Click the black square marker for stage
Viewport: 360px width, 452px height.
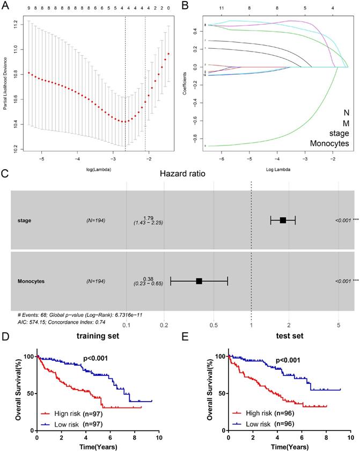click(x=283, y=220)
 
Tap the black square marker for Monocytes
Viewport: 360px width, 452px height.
click(x=199, y=281)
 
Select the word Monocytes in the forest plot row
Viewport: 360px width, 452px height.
click(x=30, y=281)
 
